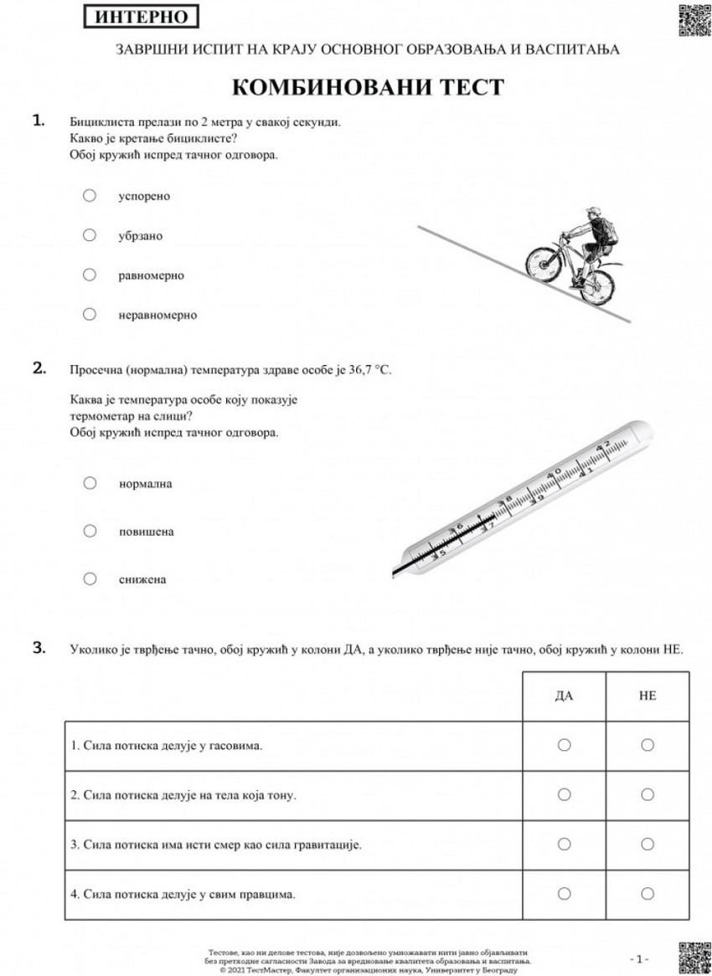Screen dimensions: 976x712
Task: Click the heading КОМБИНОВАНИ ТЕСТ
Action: click(x=367, y=87)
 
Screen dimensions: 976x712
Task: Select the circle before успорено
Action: click(x=90, y=195)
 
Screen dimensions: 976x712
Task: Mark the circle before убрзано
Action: click(x=90, y=235)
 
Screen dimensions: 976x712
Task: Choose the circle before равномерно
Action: click(x=90, y=275)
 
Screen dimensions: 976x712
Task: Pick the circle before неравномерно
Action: click(x=90, y=315)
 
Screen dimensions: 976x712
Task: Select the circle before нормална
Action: click(x=90, y=483)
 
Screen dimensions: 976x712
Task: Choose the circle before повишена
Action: click(x=90, y=531)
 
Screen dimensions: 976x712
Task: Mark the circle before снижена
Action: click(x=90, y=578)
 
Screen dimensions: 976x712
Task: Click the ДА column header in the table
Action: click(x=564, y=696)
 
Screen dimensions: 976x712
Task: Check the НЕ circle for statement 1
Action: click(x=647, y=745)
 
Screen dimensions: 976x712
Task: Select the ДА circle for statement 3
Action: click(x=564, y=844)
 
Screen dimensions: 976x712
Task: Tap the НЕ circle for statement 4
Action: click(x=647, y=894)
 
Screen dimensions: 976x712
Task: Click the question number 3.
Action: click(x=39, y=647)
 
